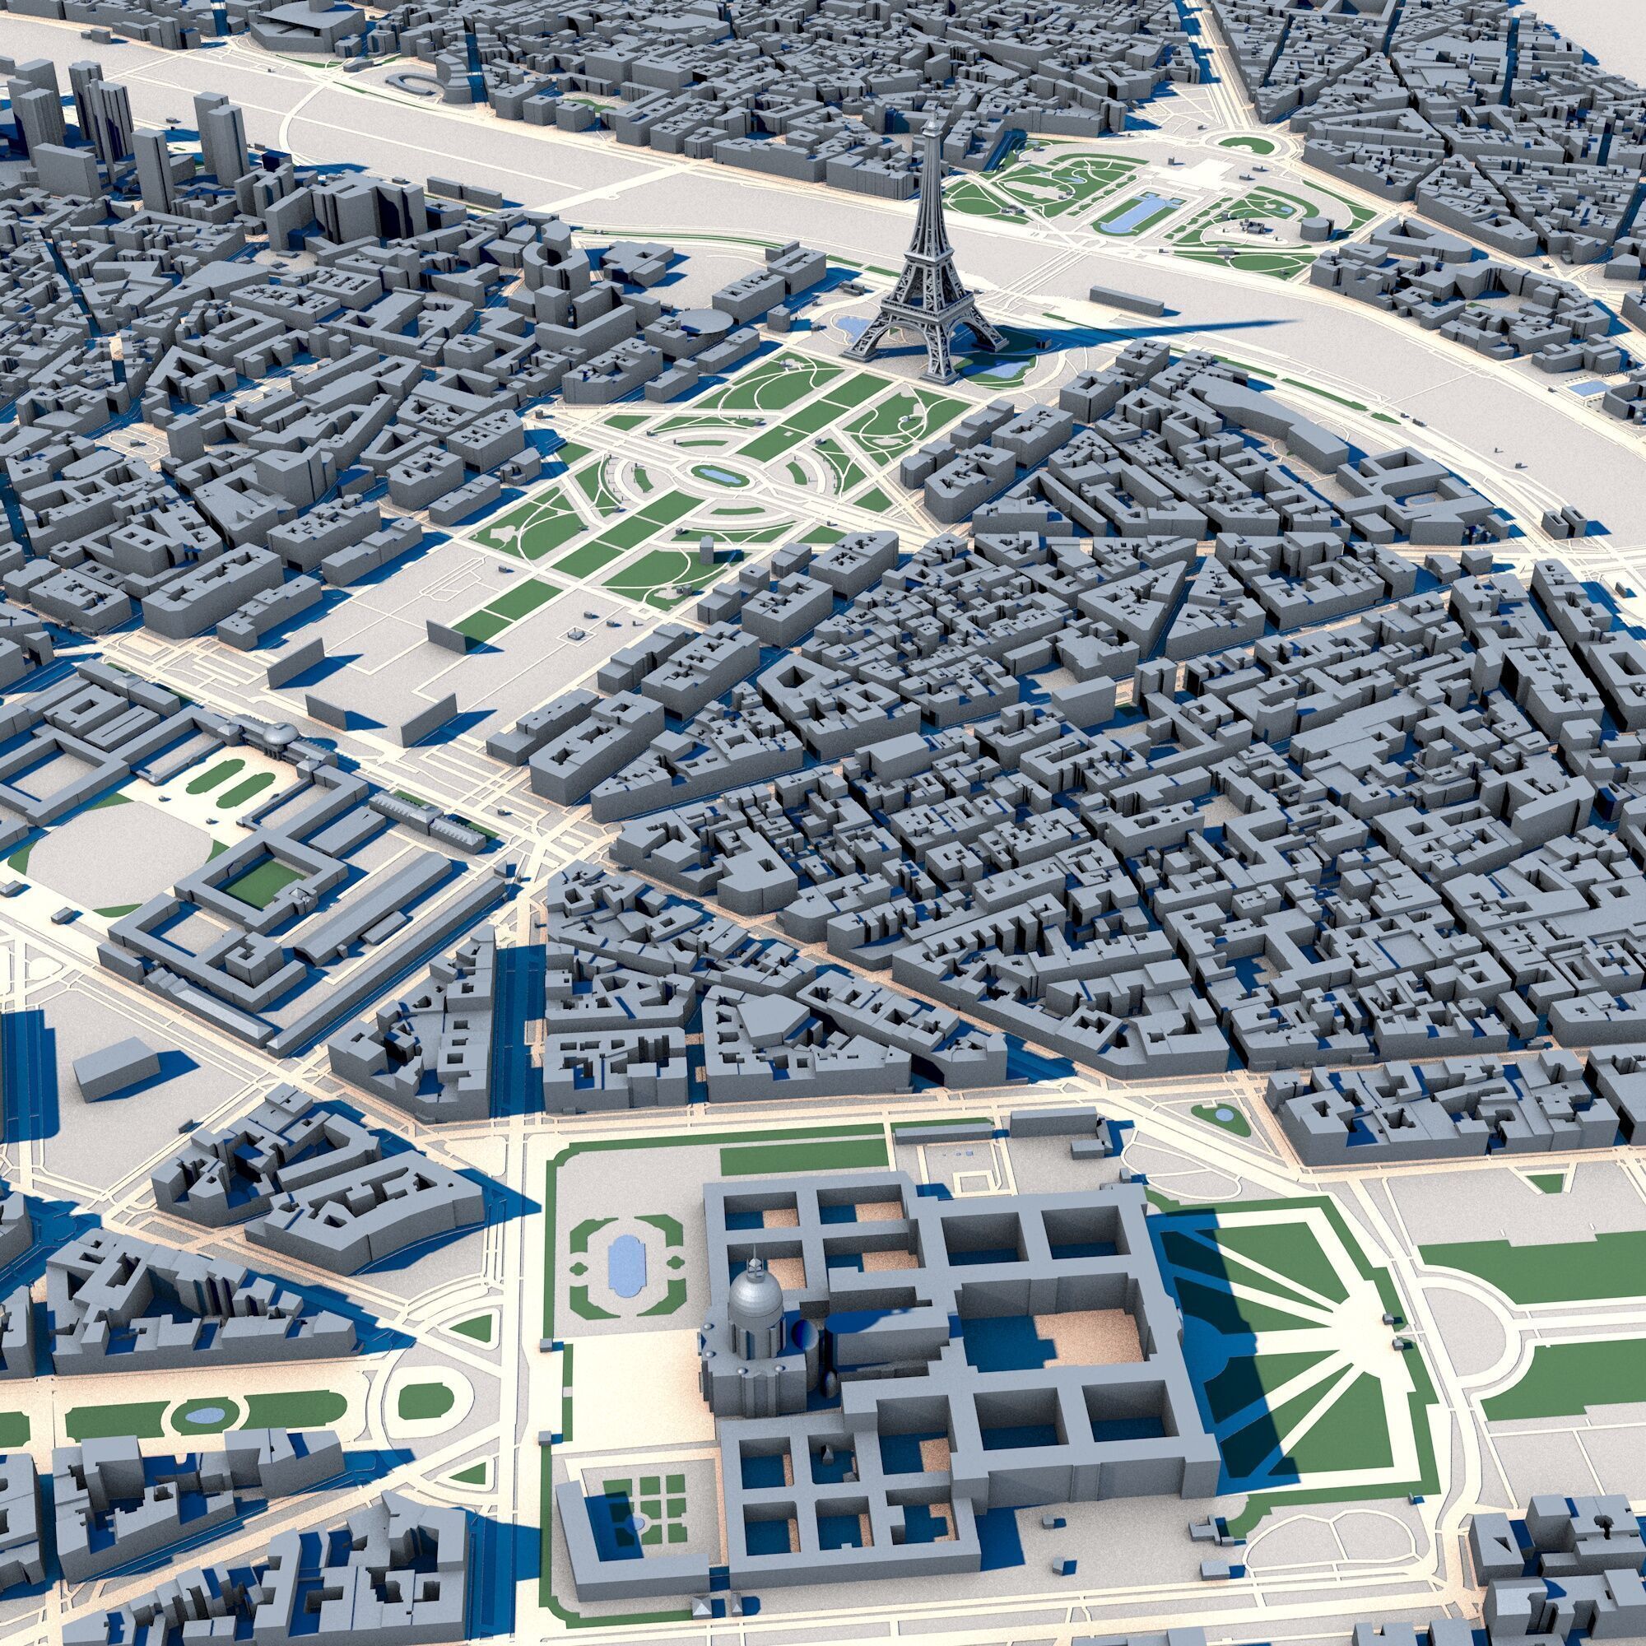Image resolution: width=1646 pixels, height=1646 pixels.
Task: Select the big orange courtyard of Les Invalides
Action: (x=1090, y=1346)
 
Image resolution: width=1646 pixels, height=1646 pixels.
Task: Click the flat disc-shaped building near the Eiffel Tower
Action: (x=704, y=321)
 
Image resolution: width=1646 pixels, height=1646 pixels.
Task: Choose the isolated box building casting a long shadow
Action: (x=117, y=1068)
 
